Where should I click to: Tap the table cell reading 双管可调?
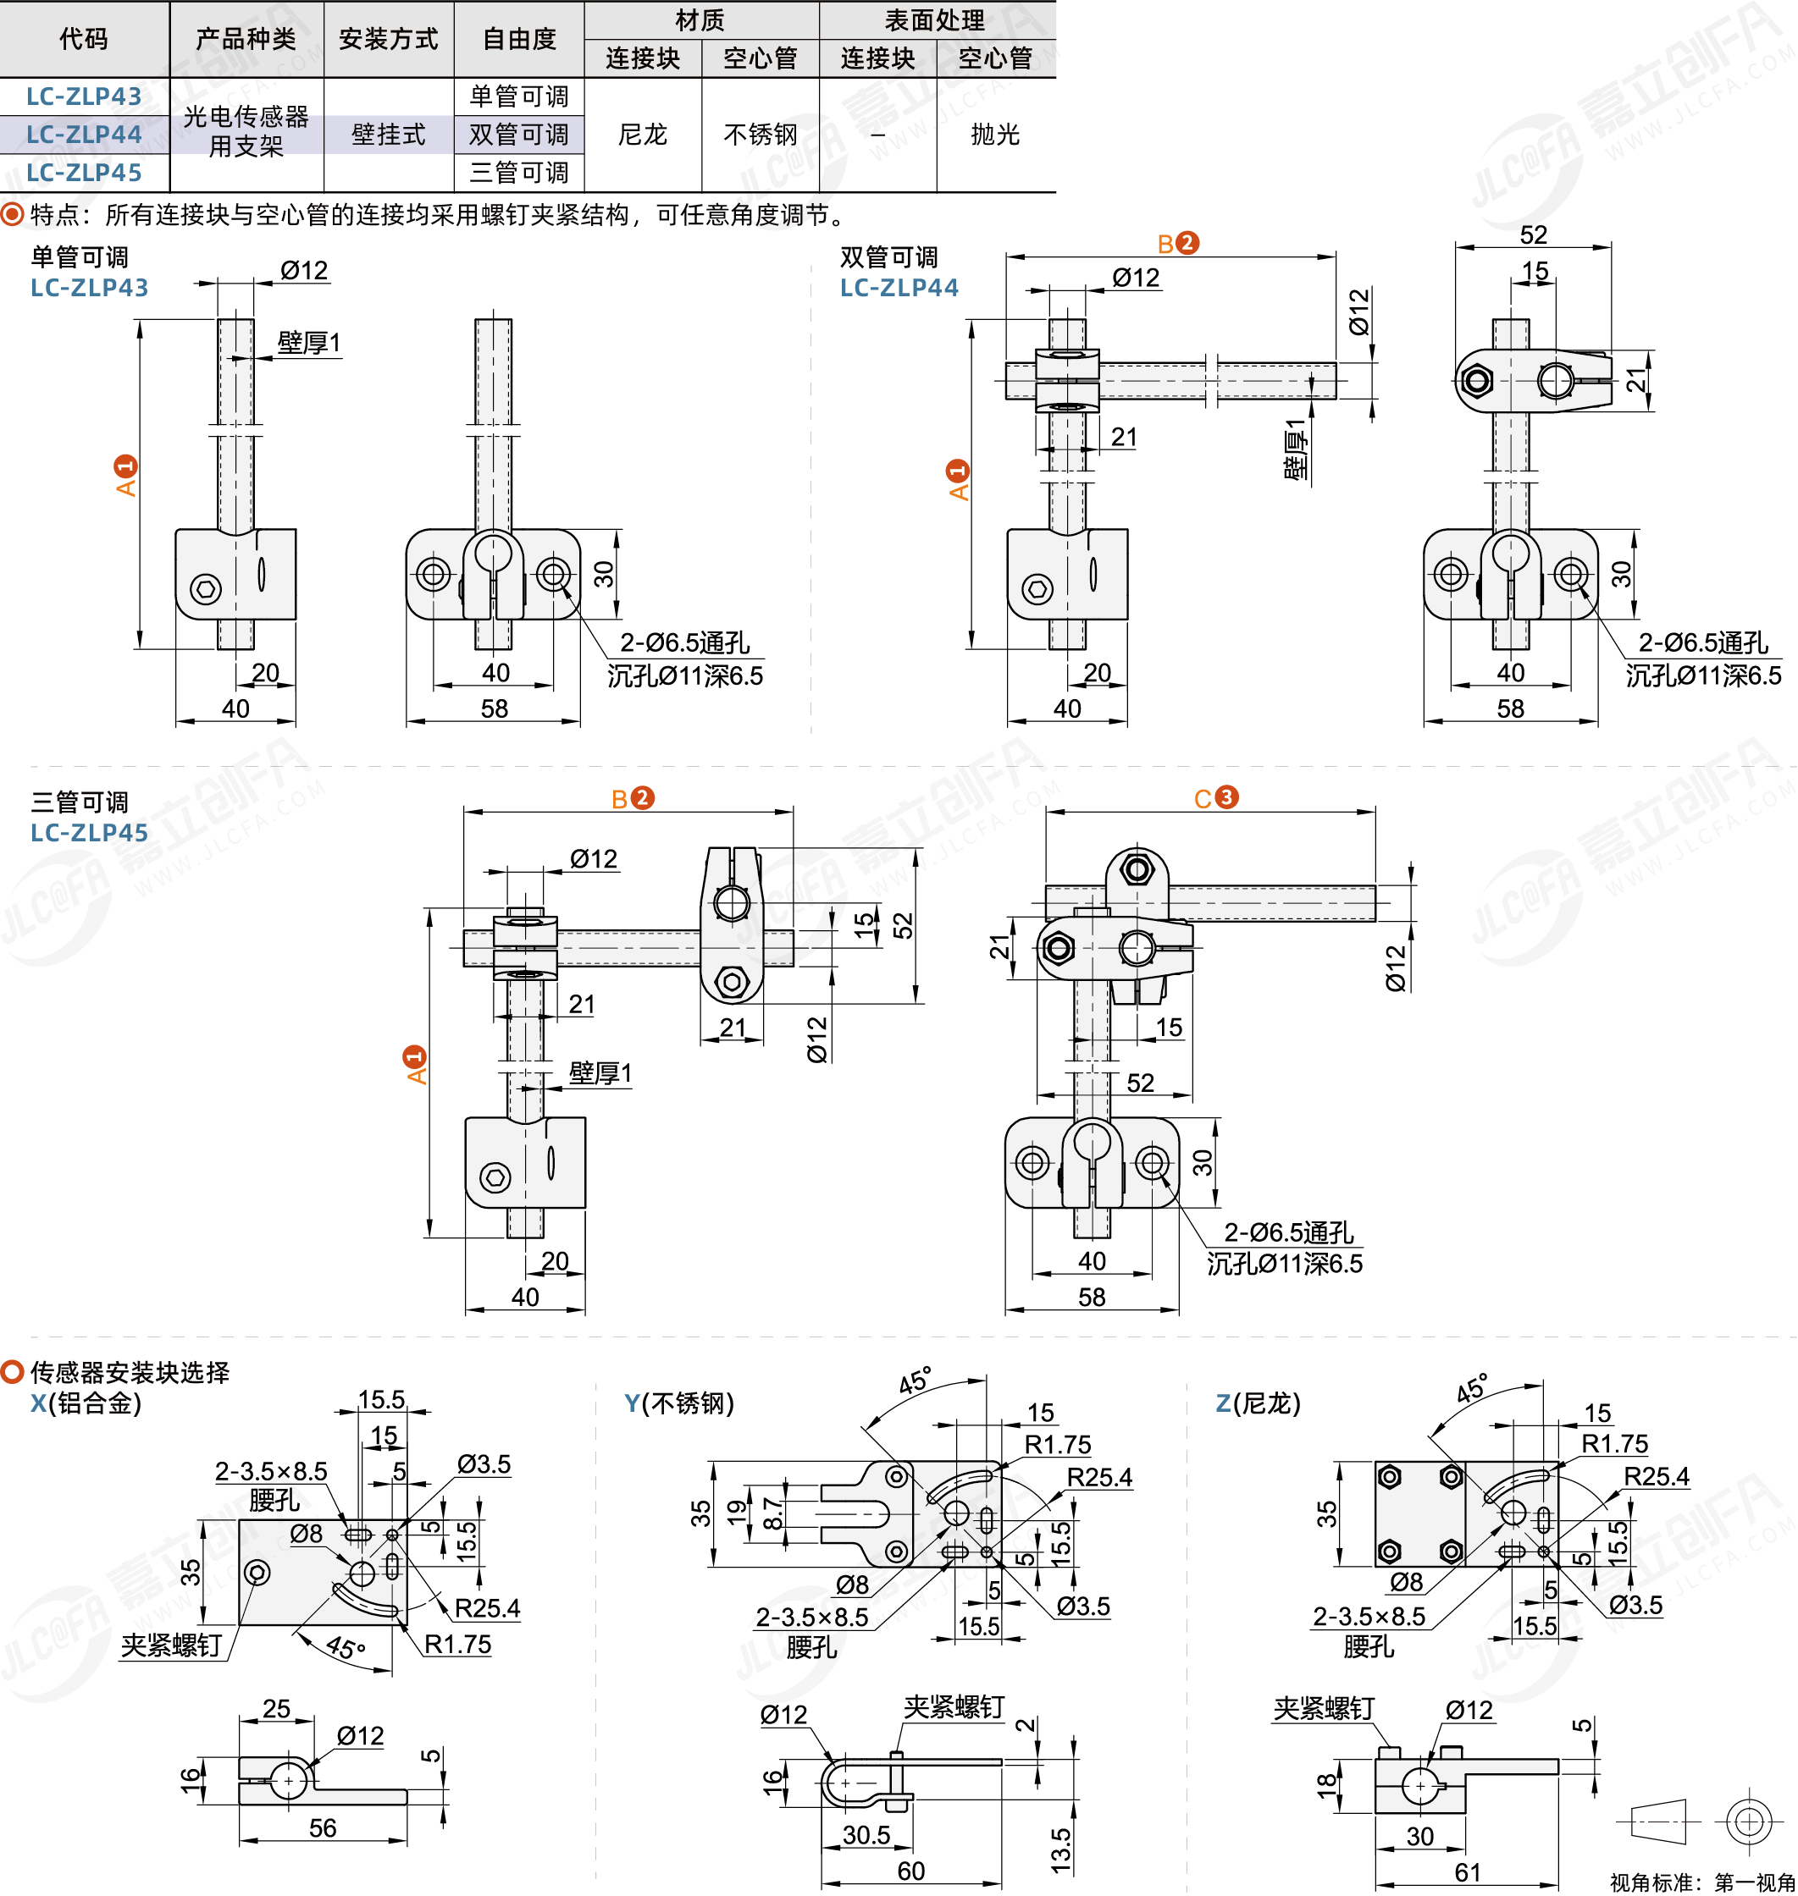(518, 134)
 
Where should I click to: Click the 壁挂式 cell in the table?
(388, 134)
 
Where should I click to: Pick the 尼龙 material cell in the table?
(642, 134)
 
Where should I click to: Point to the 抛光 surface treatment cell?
(995, 134)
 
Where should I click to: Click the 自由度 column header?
(518, 38)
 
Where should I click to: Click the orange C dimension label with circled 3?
(1215, 798)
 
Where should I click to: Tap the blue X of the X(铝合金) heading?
(38, 1403)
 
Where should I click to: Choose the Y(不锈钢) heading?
(678, 1403)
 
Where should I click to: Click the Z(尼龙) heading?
(1258, 1403)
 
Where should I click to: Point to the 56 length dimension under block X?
(322, 1827)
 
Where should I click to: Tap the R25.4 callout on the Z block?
(1657, 1476)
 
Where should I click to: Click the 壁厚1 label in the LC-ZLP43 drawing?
(308, 342)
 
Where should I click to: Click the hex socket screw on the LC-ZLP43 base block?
(206, 588)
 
